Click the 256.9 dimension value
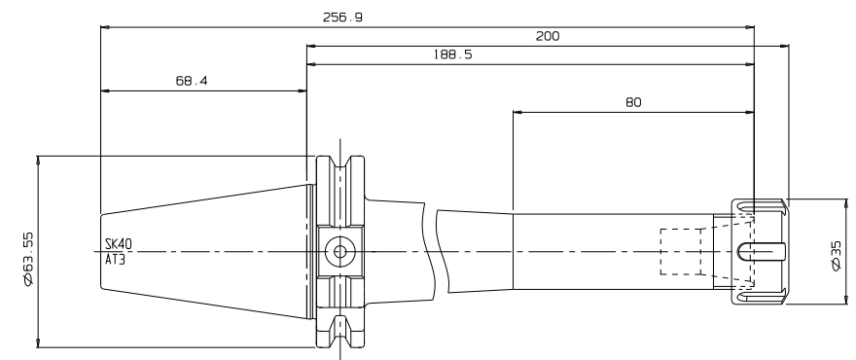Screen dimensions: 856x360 pos(342,18)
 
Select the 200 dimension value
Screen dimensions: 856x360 pos(548,36)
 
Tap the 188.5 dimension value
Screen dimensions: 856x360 pos(452,54)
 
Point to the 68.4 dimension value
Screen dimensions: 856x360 pos(192,81)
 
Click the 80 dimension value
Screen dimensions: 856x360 pos(633,102)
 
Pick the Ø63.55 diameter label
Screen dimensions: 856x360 pos(28,259)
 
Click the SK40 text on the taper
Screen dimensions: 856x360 pos(119,243)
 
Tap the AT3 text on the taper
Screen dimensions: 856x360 pos(115,260)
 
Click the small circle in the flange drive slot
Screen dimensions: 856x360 pos(340,251)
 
